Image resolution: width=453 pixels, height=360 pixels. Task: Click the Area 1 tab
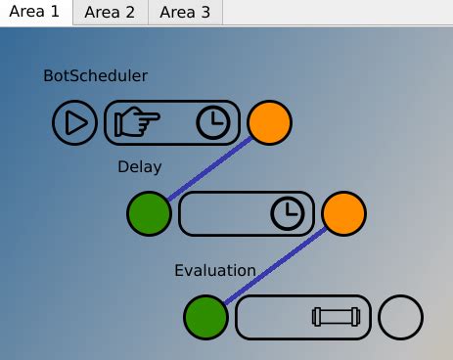point(36,12)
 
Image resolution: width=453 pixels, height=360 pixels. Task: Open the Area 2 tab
point(111,12)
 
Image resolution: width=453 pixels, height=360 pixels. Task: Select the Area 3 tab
point(185,12)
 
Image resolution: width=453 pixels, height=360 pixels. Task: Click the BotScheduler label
point(95,75)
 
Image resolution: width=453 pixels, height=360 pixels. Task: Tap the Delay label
point(140,167)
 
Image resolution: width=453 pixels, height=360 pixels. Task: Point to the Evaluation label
point(215,271)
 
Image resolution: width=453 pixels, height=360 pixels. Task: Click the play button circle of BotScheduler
point(74,122)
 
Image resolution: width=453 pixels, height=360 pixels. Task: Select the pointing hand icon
point(137,121)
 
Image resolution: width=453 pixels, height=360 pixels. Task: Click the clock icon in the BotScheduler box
point(213,122)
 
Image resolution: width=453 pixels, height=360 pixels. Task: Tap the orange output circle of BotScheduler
point(269,122)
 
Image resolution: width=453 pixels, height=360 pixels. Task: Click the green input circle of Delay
point(149,213)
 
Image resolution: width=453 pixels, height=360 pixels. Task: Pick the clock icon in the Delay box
point(288,213)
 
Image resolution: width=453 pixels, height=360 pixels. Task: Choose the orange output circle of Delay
point(343,213)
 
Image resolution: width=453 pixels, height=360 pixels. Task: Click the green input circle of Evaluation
point(205,317)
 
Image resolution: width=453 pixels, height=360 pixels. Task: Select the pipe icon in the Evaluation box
point(337,317)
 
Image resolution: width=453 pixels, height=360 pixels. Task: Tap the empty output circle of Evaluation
point(401,317)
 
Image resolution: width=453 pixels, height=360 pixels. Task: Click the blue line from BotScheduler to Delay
point(209,168)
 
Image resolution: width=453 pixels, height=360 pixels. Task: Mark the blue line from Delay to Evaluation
point(276,265)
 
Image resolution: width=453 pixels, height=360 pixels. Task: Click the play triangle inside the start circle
point(76,122)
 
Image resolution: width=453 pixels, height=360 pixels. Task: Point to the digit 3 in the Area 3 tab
point(205,13)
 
